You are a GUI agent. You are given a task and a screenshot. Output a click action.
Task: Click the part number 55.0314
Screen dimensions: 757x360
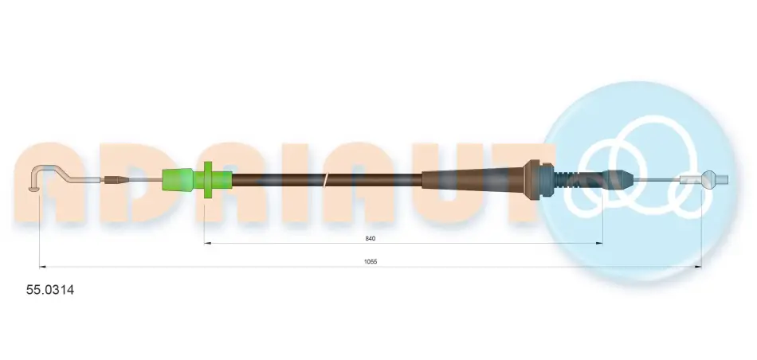pos(50,290)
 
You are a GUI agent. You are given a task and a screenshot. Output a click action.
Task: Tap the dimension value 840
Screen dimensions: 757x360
pos(371,238)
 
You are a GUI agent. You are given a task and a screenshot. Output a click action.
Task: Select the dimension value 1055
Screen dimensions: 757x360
pos(371,261)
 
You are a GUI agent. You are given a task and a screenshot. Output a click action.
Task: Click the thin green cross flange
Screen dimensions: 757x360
pos(208,179)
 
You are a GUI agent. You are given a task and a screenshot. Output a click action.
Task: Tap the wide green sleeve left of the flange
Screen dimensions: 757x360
pos(178,179)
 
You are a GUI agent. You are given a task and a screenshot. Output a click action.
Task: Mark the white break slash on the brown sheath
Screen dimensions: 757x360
pos(327,181)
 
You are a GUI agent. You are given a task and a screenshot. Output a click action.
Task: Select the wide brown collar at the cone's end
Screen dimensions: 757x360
pos(532,179)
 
